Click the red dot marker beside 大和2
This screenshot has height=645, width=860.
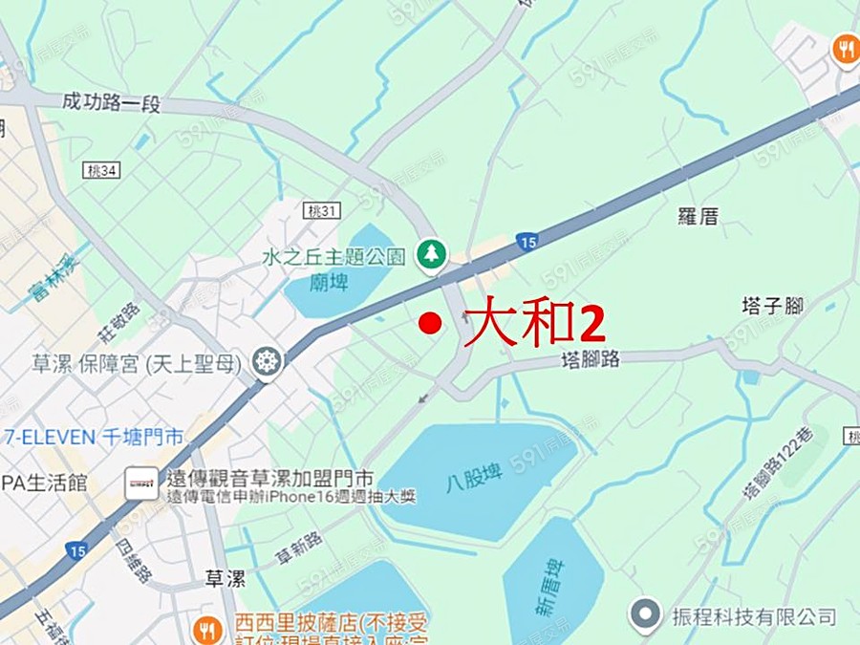[431, 323]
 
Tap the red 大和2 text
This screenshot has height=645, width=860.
[534, 322]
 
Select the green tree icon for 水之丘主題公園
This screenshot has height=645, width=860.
[432, 254]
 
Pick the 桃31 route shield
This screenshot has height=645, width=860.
[323, 210]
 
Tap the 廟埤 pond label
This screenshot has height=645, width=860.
[328, 283]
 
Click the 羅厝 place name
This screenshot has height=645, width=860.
[698, 216]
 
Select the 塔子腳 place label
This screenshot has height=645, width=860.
[772, 306]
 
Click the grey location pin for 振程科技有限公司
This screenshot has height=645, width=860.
[647, 613]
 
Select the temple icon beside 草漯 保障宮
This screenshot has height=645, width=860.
[267, 362]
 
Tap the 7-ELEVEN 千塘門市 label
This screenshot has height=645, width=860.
[93, 438]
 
